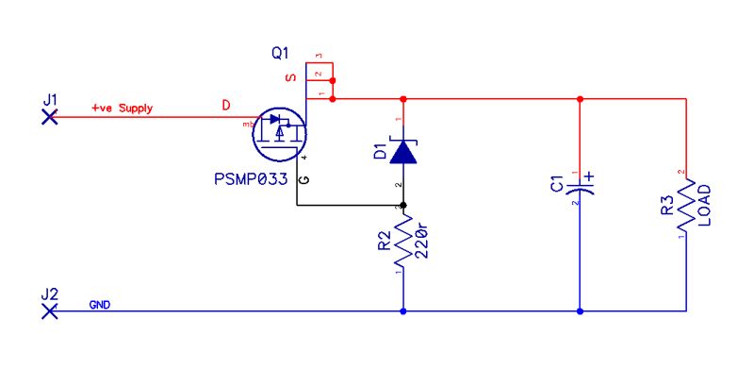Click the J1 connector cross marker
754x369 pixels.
[51, 117]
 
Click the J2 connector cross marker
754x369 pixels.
[51, 310]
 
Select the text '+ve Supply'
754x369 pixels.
[122, 109]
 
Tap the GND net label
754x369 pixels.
[99, 305]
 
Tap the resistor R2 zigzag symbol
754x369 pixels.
[403, 243]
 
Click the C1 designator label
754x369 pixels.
[556, 184]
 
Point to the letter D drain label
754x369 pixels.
[225, 105]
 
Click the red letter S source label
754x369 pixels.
[290, 77]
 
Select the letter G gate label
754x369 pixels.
[303, 179]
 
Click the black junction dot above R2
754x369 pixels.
[403, 205]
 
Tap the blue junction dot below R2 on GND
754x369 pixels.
[403, 310]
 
